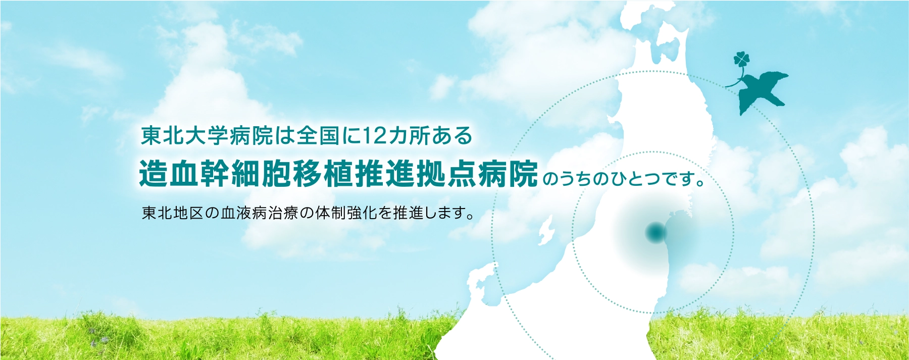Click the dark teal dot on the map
[656, 233]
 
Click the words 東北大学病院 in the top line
[207, 136]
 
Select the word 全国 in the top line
[318, 136]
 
